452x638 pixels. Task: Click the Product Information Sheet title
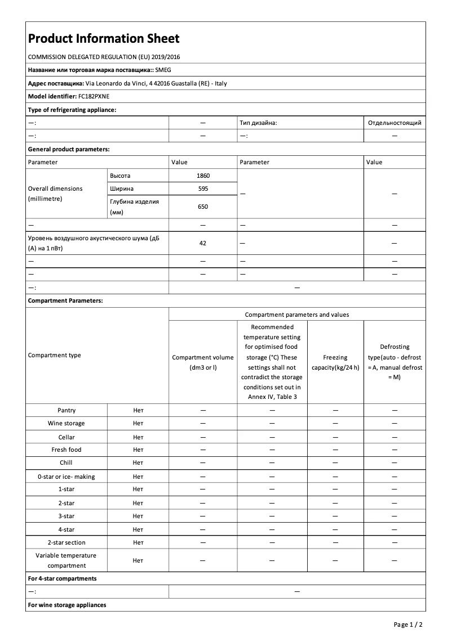[x=104, y=38]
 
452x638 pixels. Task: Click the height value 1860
[x=203, y=176]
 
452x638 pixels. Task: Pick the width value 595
[x=203, y=188]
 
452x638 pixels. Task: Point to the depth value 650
[x=203, y=206]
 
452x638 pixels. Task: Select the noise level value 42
[x=203, y=243]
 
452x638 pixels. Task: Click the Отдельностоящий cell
[x=394, y=123]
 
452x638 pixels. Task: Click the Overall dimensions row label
[x=55, y=194]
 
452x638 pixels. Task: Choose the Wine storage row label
[x=67, y=423]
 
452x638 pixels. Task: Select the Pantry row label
[x=67, y=410]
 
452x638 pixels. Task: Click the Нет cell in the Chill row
[x=138, y=462]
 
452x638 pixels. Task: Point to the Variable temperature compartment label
[x=67, y=560]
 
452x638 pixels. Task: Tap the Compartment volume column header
[x=203, y=362]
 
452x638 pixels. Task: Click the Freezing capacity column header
[x=335, y=362]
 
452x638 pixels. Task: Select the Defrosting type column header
[x=394, y=362]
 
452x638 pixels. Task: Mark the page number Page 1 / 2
[x=407, y=624]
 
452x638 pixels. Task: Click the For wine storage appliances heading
[x=67, y=605]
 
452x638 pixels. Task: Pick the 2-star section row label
[x=67, y=542]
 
